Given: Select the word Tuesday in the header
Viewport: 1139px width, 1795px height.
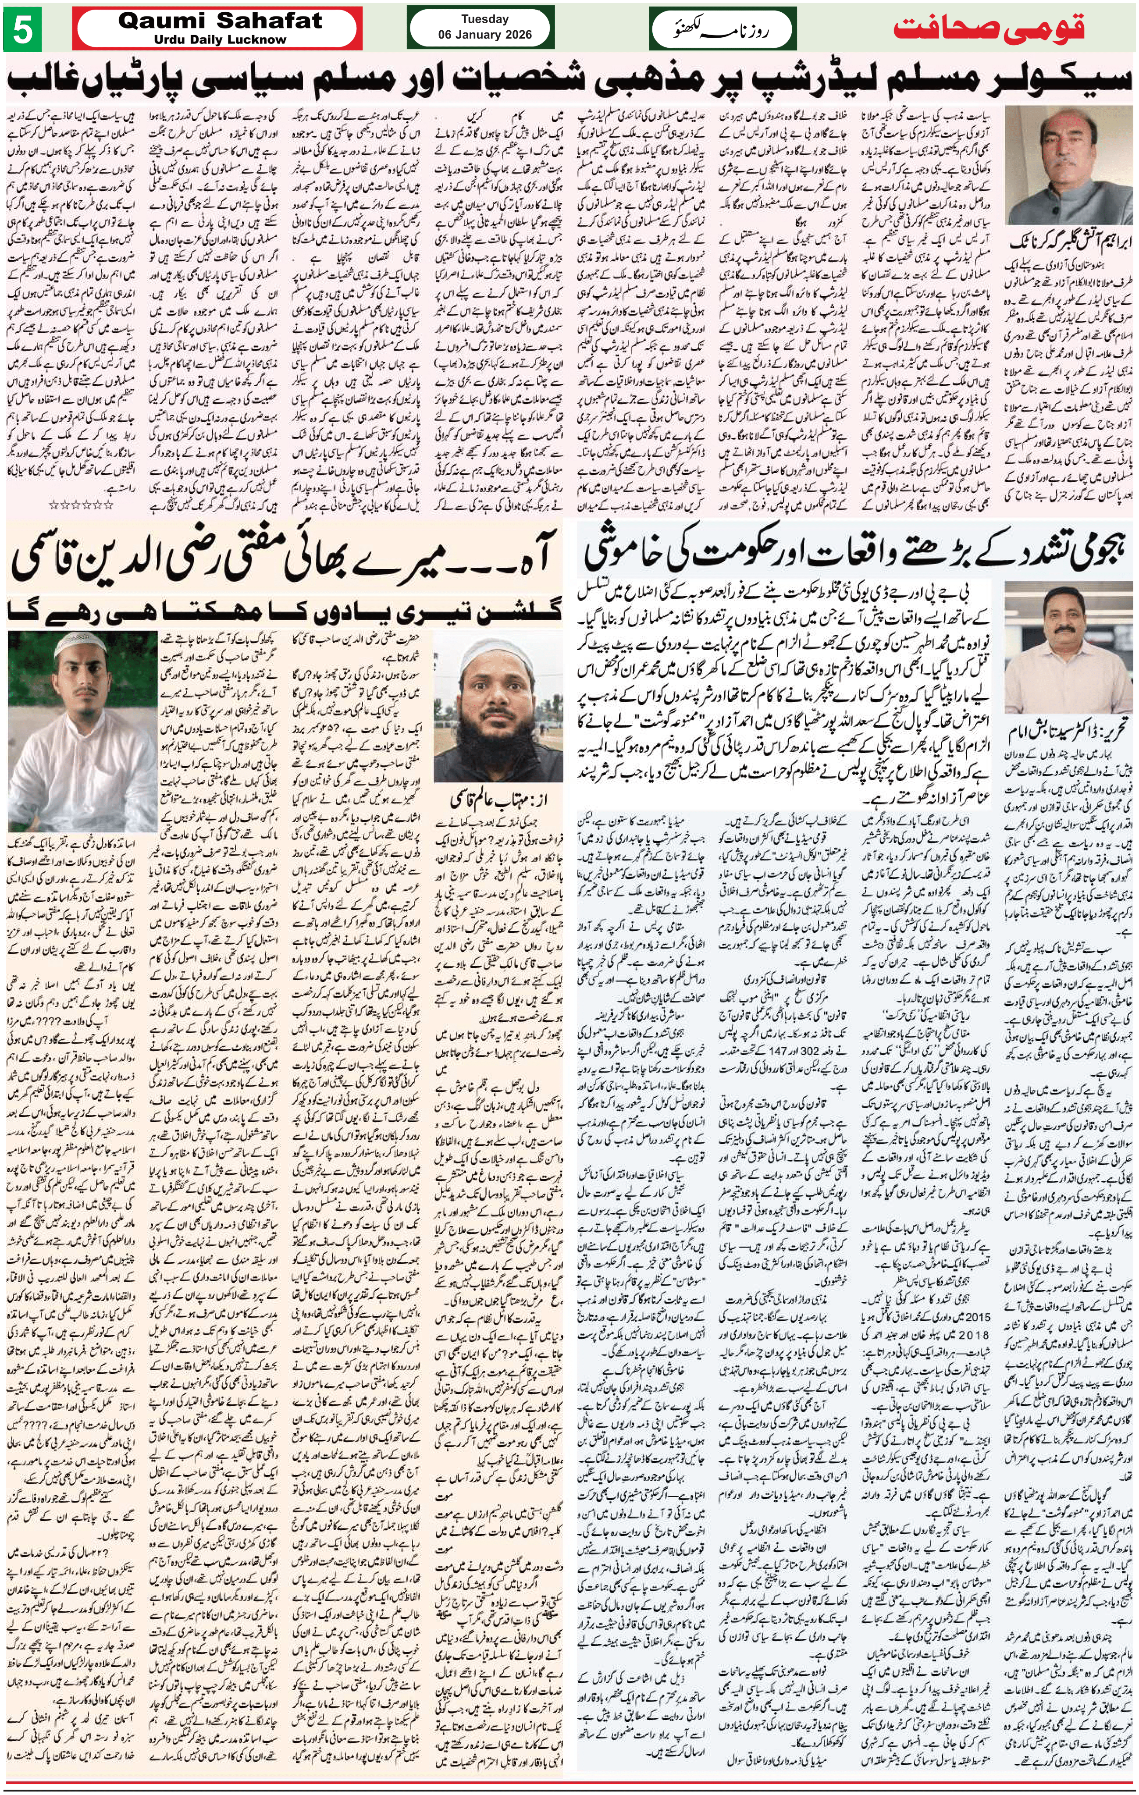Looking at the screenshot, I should click(x=484, y=19).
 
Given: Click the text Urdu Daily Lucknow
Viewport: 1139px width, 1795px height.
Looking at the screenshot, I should click(x=220, y=39).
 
